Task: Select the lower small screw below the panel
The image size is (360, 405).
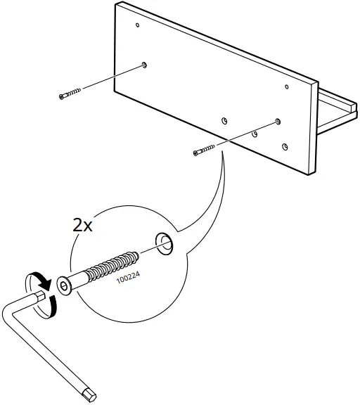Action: pos(204,150)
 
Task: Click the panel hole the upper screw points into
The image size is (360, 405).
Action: pos(143,65)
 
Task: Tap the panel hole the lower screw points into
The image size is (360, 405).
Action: pos(278,121)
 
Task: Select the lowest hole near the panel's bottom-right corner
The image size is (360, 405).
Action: pos(284,147)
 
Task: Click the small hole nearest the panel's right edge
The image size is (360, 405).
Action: pos(287,87)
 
